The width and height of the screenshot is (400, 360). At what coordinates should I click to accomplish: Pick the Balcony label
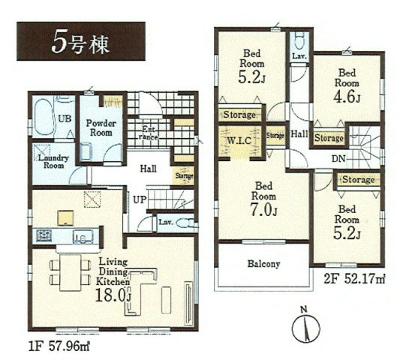click(x=262, y=264)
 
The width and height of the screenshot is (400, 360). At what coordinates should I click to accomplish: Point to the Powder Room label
click(x=100, y=128)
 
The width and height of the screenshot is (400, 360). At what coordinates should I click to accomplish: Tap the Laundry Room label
click(x=50, y=161)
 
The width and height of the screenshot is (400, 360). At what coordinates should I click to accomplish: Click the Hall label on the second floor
click(x=299, y=134)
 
